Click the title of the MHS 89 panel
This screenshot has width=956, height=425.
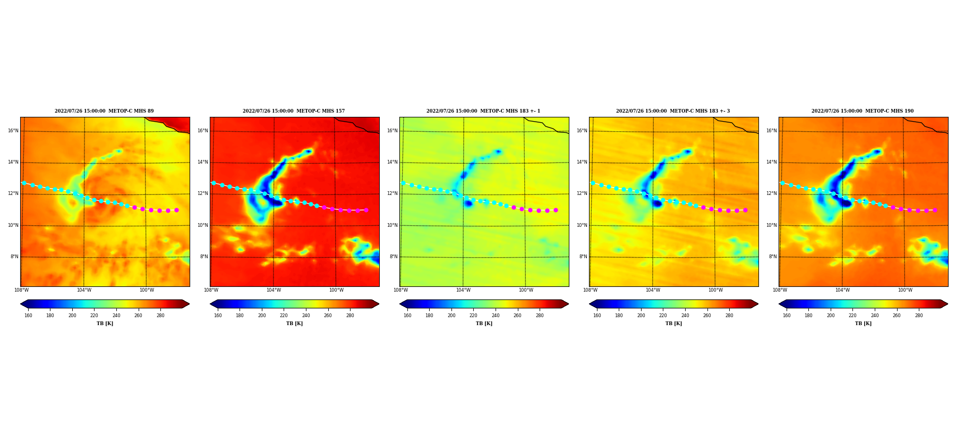click(x=104, y=111)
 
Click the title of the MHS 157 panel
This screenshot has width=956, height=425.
click(x=294, y=111)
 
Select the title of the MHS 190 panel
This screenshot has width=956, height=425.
click(x=863, y=111)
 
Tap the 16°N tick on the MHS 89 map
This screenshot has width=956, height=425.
click(x=13, y=131)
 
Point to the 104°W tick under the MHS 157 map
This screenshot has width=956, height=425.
click(x=274, y=290)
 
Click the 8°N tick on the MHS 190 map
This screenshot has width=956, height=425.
click(x=773, y=257)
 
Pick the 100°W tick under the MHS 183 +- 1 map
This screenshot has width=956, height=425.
click(x=526, y=290)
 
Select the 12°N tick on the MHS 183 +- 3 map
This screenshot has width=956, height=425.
click(x=582, y=193)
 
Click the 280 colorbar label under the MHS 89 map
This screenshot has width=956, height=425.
click(x=160, y=316)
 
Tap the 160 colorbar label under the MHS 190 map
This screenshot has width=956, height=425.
click(x=787, y=316)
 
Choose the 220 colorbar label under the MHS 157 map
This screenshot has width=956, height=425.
click(x=284, y=316)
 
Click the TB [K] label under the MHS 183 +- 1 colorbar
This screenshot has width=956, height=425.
click(x=484, y=324)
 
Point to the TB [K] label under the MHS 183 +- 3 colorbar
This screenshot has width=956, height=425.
click(x=673, y=324)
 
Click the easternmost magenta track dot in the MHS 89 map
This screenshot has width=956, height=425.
click(x=176, y=210)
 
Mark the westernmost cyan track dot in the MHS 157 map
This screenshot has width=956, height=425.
click(x=214, y=183)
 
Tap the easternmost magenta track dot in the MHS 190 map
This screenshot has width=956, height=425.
click(x=935, y=210)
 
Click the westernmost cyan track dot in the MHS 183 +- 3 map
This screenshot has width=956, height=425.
click(x=593, y=183)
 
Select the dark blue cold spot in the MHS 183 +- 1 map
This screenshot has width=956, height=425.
click(x=468, y=203)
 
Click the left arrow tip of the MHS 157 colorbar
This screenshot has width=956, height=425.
click(x=210, y=304)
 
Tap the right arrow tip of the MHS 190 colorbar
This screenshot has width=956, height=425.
click(x=948, y=304)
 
